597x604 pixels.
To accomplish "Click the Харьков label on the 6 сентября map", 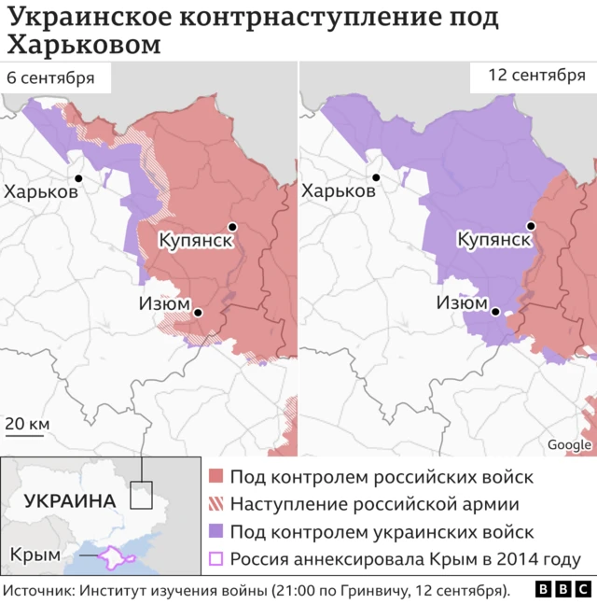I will pyautogui.click(x=41, y=191).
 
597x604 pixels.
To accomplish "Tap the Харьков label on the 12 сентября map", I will pyautogui.click(x=339, y=191).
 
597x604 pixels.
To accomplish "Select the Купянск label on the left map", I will pyautogui.click(x=195, y=240).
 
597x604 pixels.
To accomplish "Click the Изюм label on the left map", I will pyautogui.click(x=164, y=304).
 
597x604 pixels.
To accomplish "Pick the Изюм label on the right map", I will pyautogui.click(x=463, y=304).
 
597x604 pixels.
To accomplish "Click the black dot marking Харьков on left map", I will pyautogui.click(x=78, y=178).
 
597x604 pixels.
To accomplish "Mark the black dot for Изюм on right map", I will pyautogui.click(x=496, y=313).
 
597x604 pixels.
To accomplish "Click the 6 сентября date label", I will pyautogui.click(x=50, y=77).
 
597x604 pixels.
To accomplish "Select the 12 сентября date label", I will pyautogui.click(x=536, y=76).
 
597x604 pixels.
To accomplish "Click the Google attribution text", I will pyautogui.click(x=569, y=445).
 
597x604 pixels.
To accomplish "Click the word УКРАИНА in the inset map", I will pyautogui.click(x=70, y=500).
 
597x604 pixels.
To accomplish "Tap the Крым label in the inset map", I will pyautogui.click(x=35, y=555).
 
